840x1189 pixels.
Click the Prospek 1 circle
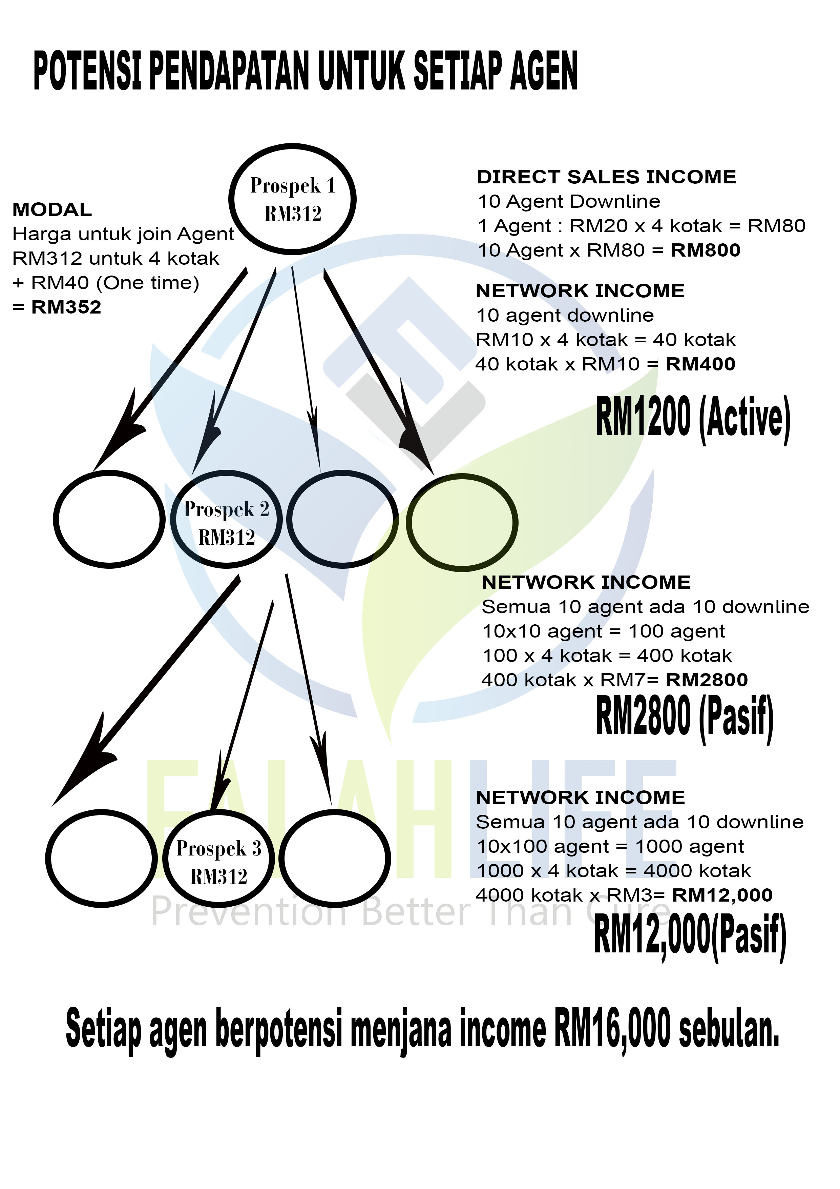pos(292,199)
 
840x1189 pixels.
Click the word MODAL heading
pos(52,210)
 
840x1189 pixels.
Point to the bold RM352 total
pos(66,307)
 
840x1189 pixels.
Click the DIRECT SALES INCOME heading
pos(606,177)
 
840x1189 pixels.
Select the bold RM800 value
pos(706,250)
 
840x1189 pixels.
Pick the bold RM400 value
pos(700,364)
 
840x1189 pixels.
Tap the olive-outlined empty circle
pos(462,523)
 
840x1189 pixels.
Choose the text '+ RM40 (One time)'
pos(106,283)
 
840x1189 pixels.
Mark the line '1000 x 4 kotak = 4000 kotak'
pos(613,870)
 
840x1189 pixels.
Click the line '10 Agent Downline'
pos(569,201)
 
